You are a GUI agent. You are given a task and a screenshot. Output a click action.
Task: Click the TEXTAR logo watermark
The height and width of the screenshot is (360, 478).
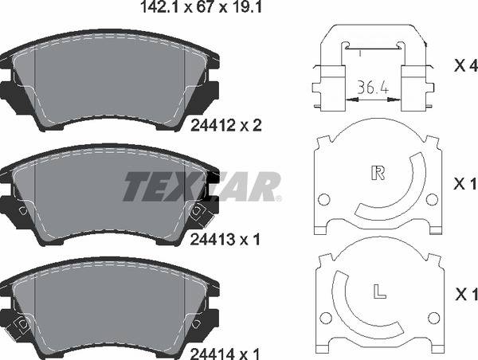coord(201,186)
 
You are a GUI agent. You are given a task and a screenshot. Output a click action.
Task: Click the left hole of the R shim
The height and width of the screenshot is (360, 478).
coord(324,199)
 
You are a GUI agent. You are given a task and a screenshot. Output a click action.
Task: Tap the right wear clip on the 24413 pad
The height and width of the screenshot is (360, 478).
coord(196,210)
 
